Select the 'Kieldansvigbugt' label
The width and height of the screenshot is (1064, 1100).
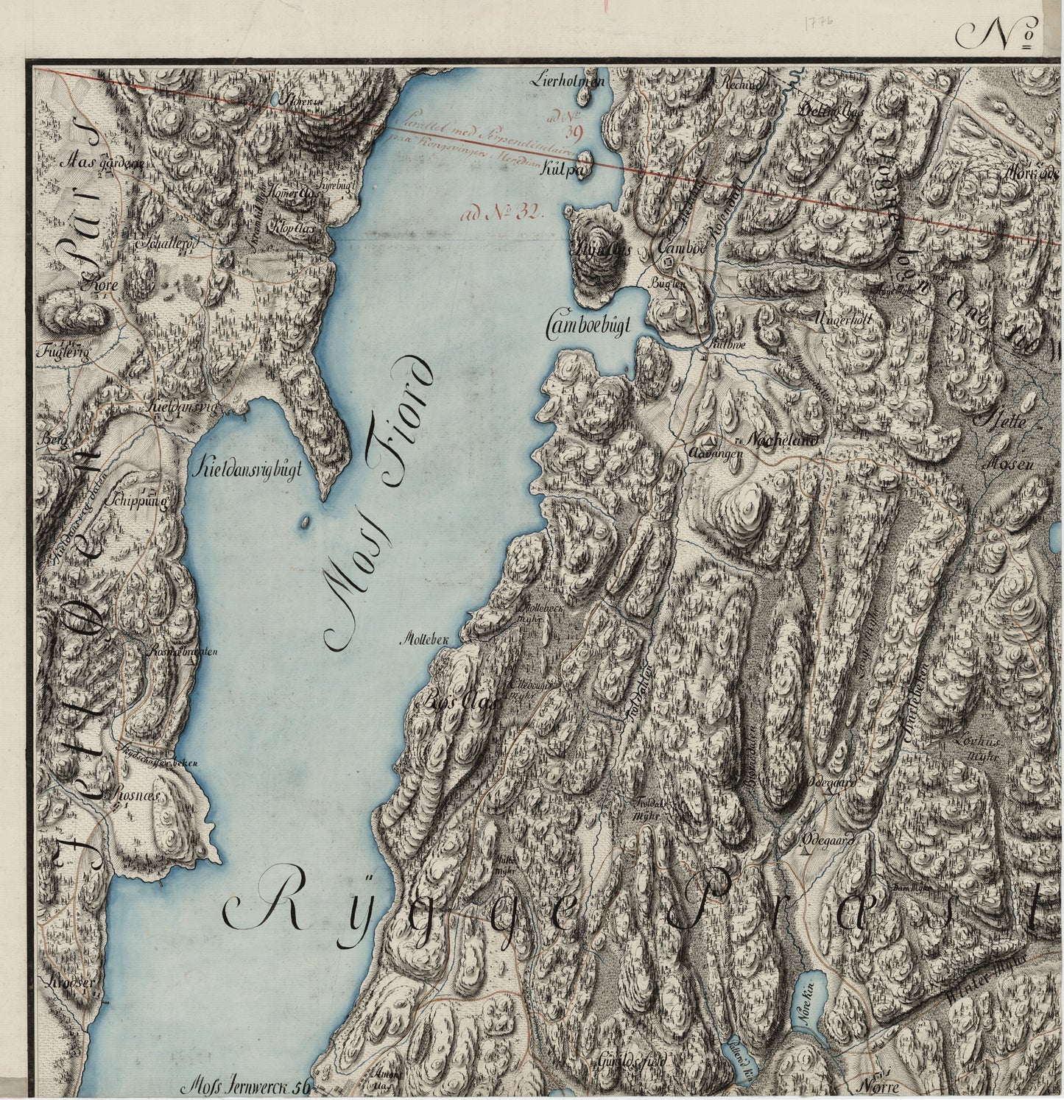coord(246,471)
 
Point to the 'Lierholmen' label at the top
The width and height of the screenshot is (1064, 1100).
coord(577,82)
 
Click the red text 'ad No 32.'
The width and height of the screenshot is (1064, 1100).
coord(500,215)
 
